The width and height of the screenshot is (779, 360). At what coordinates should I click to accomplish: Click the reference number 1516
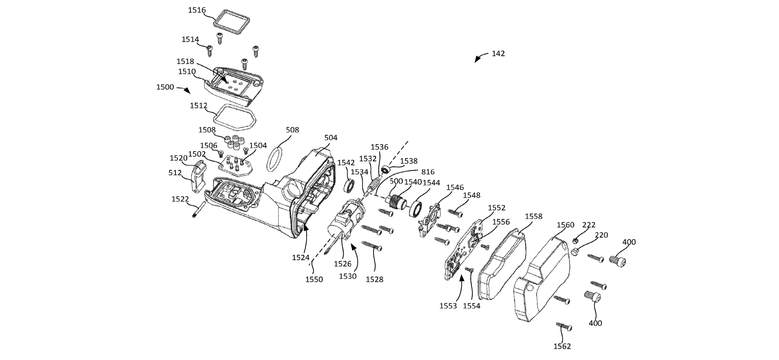click(197, 10)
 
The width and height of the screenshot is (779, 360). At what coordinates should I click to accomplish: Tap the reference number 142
click(498, 53)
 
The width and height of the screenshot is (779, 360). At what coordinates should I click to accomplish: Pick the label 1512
click(198, 106)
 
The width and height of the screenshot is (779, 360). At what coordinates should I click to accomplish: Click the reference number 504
click(331, 138)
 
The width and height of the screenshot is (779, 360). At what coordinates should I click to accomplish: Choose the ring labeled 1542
click(349, 186)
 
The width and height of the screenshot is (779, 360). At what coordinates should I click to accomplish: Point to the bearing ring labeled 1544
click(416, 209)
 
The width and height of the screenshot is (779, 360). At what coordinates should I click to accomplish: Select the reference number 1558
click(534, 217)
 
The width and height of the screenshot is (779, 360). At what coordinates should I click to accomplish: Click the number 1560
click(565, 225)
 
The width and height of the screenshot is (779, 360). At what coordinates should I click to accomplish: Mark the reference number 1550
click(314, 279)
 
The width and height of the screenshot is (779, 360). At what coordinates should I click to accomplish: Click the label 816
click(428, 172)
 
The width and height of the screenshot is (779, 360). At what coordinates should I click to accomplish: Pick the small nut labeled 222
click(575, 241)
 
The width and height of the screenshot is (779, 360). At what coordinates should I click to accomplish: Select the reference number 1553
click(448, 306)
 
